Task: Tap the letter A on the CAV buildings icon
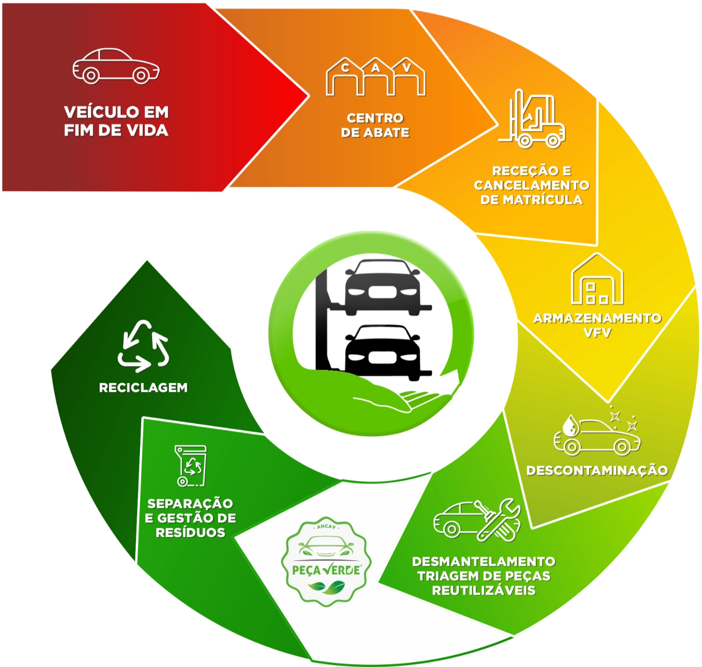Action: click(376, 68)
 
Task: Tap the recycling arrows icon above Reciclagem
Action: click(143, 346)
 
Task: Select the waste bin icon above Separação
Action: click(190, 466)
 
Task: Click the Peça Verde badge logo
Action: click(326, 562)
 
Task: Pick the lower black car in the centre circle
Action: click(382, 352)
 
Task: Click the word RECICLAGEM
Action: click(143, 388)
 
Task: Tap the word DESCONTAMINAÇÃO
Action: click(597, 470)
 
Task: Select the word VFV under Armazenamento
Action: click(597, 333)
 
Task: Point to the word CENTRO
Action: click(375, 118)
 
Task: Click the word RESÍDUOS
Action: click(190, 533)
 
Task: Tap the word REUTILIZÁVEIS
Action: click(483, 590)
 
